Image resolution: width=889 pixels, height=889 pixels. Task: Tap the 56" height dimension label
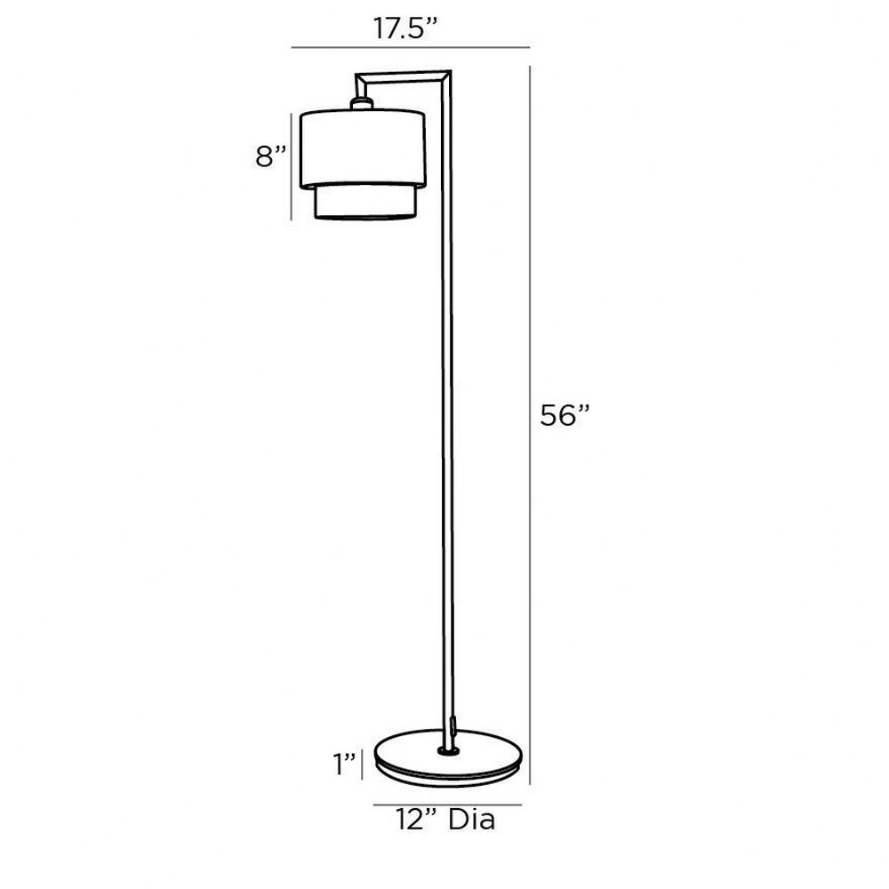[x=565, y=415]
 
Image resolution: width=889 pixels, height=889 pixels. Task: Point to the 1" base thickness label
[x=344, y=764]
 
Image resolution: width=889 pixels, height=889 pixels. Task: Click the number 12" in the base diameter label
[x=419, y=820]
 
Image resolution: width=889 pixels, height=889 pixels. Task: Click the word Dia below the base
[x=472, y=820]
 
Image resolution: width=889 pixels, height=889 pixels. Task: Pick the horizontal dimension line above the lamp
[x=411, y=48]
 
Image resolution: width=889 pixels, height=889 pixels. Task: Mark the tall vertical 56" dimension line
[x=530, y=425]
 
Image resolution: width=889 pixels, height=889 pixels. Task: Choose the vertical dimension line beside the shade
[x=292, y=166]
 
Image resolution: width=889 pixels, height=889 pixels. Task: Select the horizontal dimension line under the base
[x=447, y=805]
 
